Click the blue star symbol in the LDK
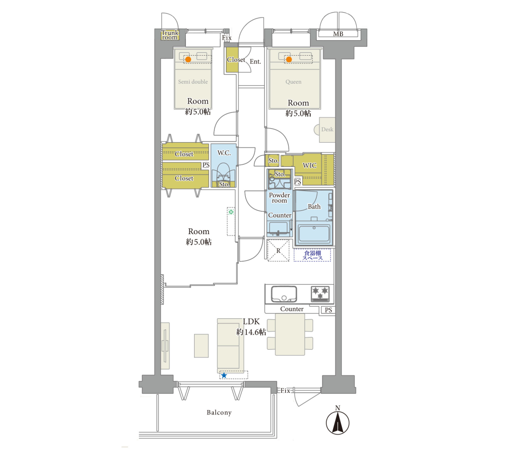click(224, 375)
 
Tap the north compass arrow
click(337, 423)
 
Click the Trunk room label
click(169, 35)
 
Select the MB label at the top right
click(338, 34)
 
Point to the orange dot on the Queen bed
click(289, 59)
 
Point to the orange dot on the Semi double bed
click(188, 59)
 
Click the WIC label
click(309, 165)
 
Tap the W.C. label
click(224, 153)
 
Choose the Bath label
click(314, 206)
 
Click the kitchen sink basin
click(284, 294)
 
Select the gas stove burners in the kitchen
click(320, 294)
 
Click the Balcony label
click(219, 413)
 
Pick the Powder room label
click(279, 198)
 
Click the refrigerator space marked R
click(279, 251)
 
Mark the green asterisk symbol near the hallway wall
click(231, 212)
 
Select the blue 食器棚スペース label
click(312, 255)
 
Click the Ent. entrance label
click(255, 61)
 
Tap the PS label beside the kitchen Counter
click(328, 310)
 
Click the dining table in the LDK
click(290, 334)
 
